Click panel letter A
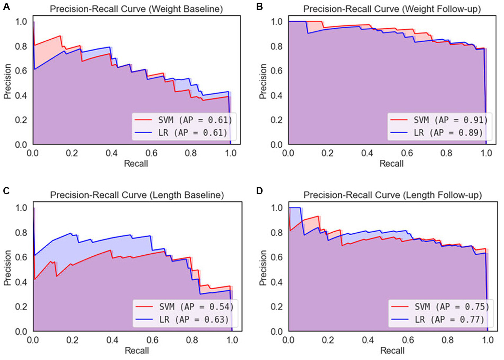[6, 6]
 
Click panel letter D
[259, 191]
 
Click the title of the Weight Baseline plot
[136, 9]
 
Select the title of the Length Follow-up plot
[392, 195]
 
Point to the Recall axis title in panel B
[391, 163]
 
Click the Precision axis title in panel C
[7, 267]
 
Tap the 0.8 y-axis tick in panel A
[21, 46]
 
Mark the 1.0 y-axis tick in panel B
[276, 22]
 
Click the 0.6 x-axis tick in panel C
[152, 340]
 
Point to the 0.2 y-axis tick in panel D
[276, 307]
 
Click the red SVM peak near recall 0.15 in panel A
[60, 36]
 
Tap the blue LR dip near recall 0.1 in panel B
[308, 33]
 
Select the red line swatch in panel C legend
[144, 307]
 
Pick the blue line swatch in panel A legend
[143, 133]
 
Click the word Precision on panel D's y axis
[263, 267]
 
